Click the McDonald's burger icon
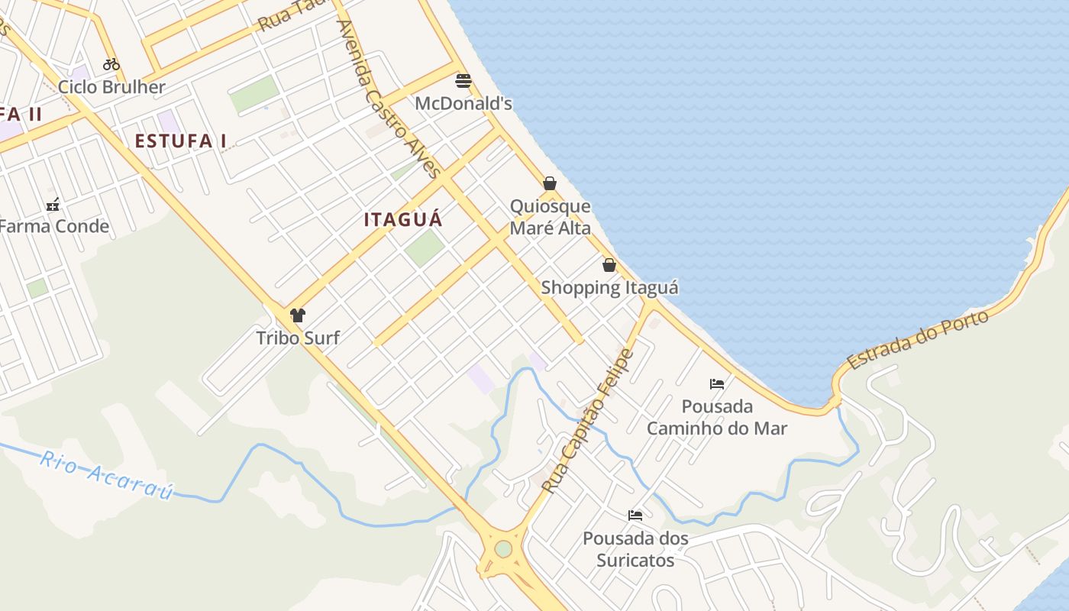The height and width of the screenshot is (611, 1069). (463, 80)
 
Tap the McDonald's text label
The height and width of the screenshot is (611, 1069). (463, 103)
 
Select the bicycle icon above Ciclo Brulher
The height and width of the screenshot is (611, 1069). (111, 64)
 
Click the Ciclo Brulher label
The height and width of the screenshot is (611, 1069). (111, 87)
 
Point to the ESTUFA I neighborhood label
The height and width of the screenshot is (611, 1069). (181, 141)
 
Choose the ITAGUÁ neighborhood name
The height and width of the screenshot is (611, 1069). (403, 220)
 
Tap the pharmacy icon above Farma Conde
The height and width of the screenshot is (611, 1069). (53, 204)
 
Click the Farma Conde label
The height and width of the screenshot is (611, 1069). (53, 226)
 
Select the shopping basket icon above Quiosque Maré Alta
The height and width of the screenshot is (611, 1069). (549, 183)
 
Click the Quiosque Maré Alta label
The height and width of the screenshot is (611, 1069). (550, 217)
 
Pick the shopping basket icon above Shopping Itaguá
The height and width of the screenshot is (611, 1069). (609, 265)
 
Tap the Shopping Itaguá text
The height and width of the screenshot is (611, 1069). (609, 288)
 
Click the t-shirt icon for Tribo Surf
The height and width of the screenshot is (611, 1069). (298, 315)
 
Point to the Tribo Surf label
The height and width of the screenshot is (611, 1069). (298, 338)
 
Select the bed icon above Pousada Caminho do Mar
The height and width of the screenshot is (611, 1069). (717, 383)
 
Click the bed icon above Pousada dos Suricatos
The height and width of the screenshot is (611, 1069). (635, 516)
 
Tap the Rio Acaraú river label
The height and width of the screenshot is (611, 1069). (107, 475)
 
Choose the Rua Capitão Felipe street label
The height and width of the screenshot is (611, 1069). (588, 420)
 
